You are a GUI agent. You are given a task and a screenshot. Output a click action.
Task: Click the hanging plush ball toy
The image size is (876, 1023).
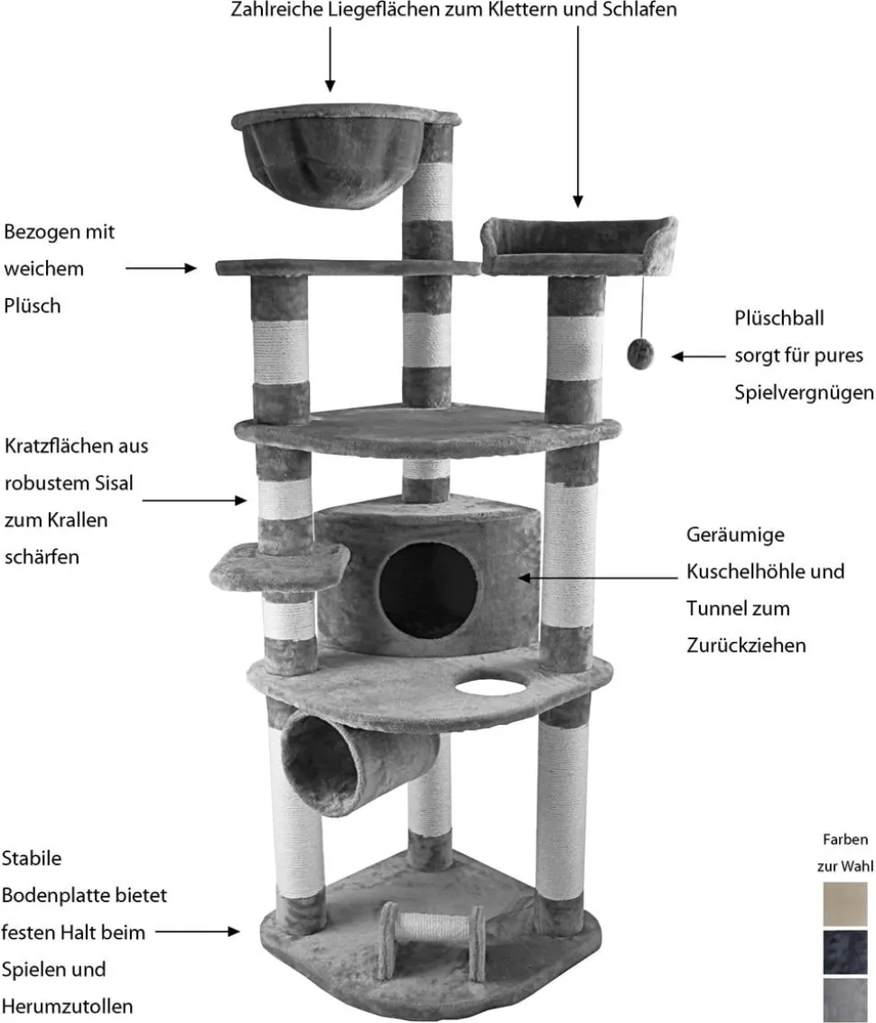(x=640, y=353)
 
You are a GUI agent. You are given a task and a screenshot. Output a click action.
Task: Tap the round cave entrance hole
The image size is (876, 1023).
(x=428, y=591)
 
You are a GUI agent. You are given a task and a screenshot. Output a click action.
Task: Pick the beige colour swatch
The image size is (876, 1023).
(x=845, y=904)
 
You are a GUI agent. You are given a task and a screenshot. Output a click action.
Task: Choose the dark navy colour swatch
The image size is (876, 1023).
(x=845, y=952)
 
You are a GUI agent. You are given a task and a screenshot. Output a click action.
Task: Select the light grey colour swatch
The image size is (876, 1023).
(x=845, y=1000)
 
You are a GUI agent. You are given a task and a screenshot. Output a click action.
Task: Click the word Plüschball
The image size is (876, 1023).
(x=778, y=319)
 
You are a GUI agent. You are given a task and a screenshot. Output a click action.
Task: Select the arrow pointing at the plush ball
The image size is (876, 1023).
(x=698, y=357)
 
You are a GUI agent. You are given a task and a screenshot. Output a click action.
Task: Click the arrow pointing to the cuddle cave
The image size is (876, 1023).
(x=598, y=577)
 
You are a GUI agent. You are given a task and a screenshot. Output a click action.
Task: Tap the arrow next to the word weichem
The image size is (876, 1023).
(x=162, y=268)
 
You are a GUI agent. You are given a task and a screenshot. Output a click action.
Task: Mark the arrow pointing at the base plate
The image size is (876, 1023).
(x=198, y=932)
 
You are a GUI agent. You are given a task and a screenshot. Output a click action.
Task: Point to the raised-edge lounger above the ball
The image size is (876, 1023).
(x=579, y=246)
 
